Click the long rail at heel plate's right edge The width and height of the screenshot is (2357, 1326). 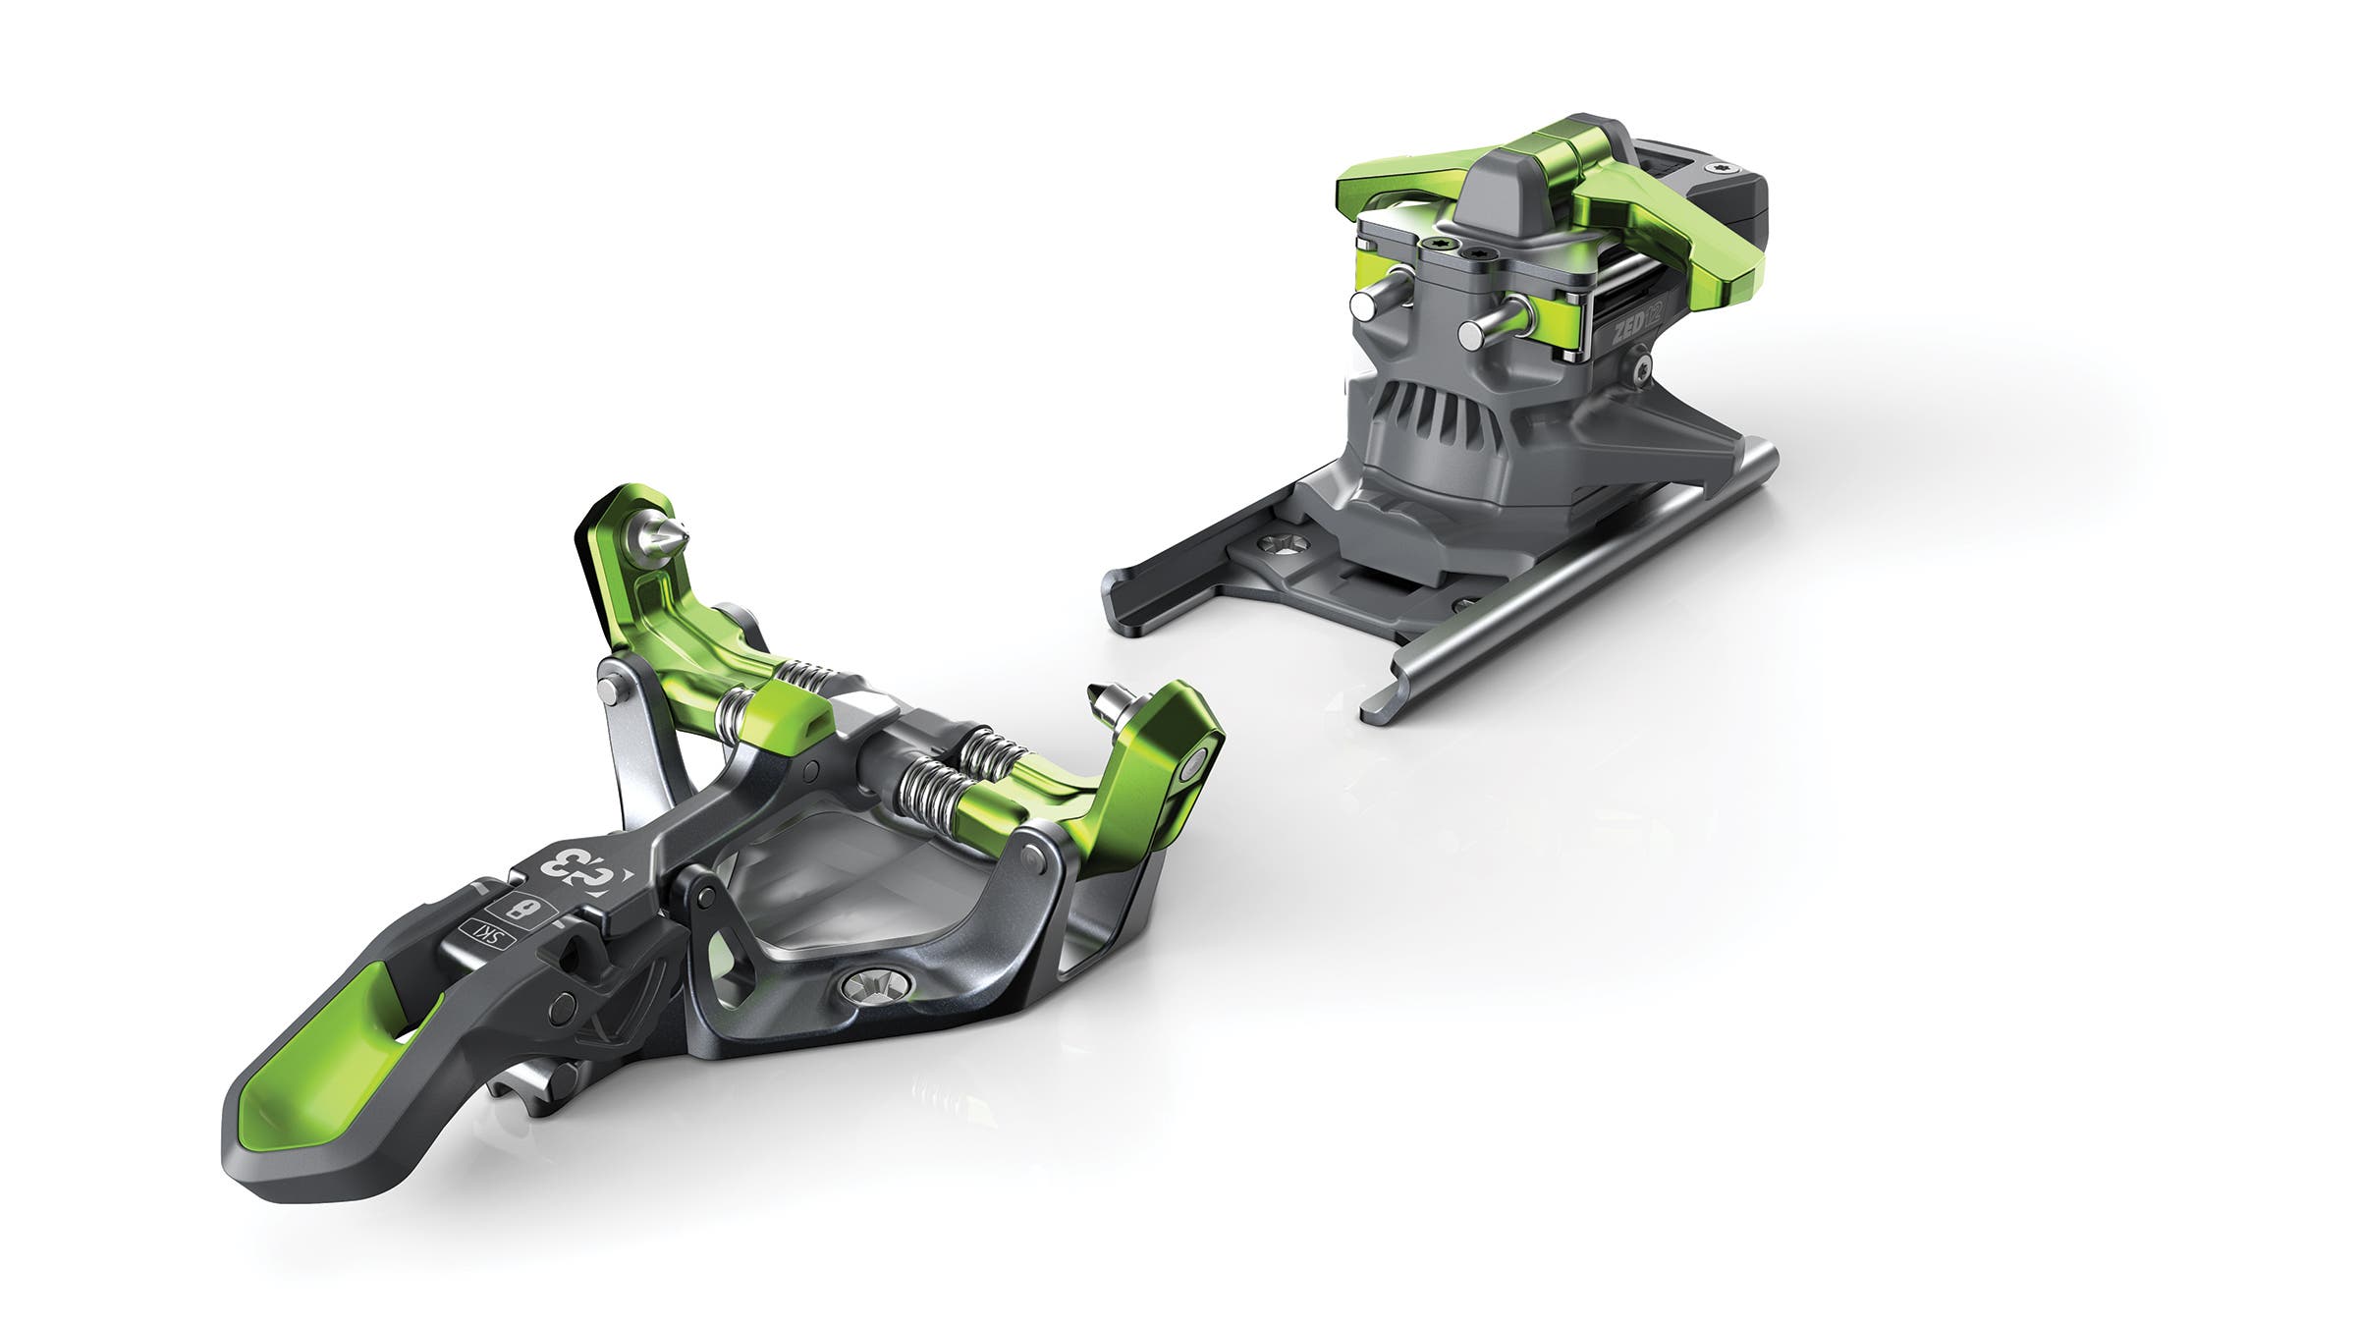coord(1571,580)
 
